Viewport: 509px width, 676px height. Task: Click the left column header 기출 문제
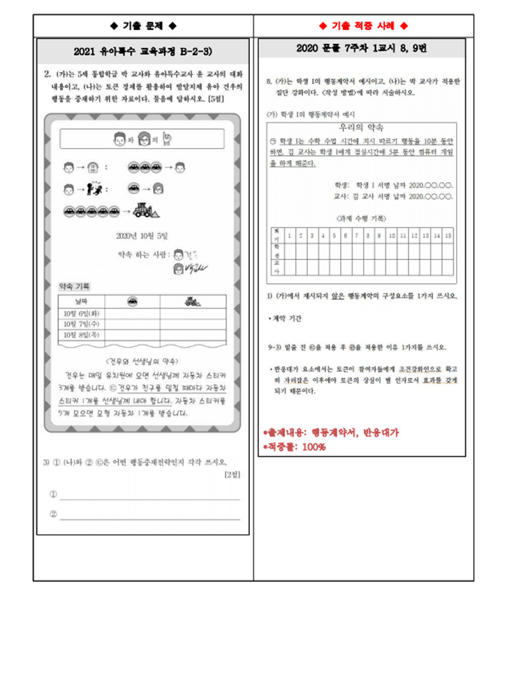pyautogui.click(x=143, y=26)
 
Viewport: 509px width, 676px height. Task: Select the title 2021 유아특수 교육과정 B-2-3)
pyautogui.click(x=143, y=52)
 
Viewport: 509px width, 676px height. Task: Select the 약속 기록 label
pyautogui.click(x=74, y=286)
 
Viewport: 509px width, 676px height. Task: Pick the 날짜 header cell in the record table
pyautogui.click(x=82, y=301)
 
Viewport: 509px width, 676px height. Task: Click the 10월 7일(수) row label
pyautogui.click(x=82, y=324)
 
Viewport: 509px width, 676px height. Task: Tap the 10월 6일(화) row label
pyautogui.click(x=82, y=313)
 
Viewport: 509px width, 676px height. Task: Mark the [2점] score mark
pyautogui.click(x=232, y=475)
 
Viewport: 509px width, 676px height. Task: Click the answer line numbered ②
pyautogui.click(x=149, y=517)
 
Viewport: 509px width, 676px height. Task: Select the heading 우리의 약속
pyautogui.click(x=362, y=128)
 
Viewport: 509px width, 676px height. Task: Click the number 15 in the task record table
pyautogui.click(x=448, y=234)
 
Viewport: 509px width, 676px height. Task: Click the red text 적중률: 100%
pyautogui.click(x=293, y=446)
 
